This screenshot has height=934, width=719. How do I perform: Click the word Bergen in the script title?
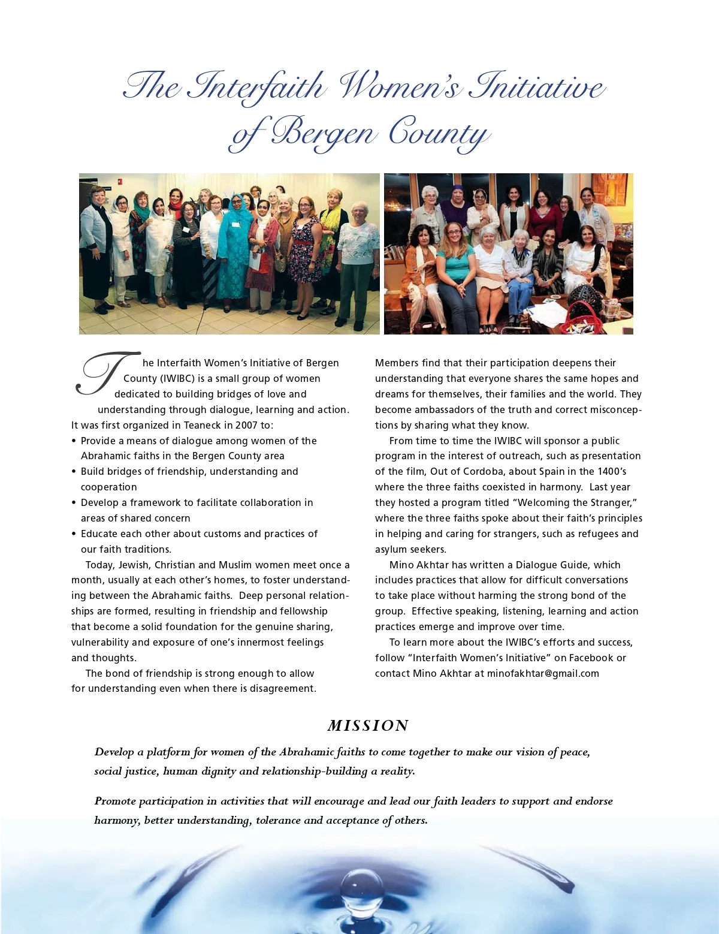click(x=324, y=132)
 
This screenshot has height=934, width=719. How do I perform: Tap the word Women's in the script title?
click(x=400, y=86)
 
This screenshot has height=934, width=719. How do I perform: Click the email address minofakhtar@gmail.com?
click(x=543, y=673)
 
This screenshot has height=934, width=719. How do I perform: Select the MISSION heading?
click(x=368, y=725)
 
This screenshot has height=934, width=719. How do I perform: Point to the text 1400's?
click(x=612, y=471)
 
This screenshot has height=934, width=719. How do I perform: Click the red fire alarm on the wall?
click(x=120, y=182)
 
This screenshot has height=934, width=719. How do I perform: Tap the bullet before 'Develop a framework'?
click(x=74, y=502)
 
